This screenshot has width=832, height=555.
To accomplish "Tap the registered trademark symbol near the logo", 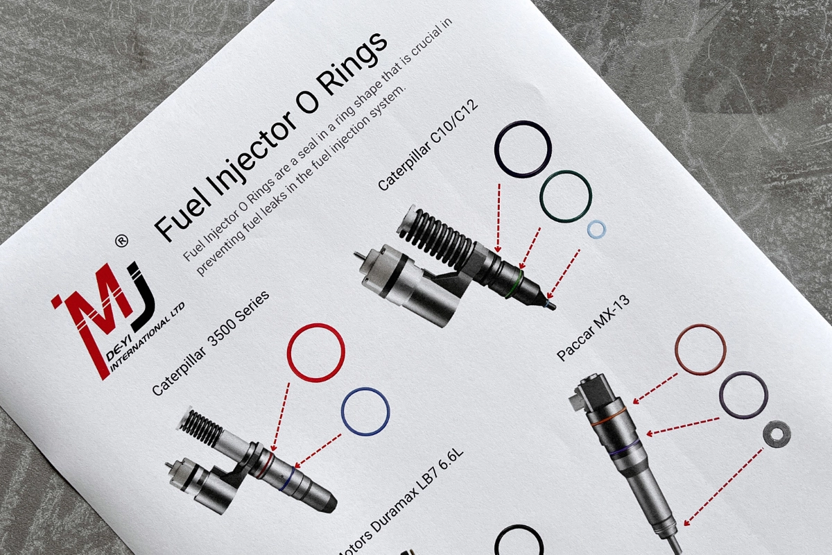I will tap(121, 241).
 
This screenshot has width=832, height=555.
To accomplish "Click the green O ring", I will tap(565, 196).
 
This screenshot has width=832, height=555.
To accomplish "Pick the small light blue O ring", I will tap(596, 230).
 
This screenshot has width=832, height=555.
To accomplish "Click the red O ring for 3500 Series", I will tap(315, 352).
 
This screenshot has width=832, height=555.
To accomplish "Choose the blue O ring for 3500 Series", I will tap(365, 411).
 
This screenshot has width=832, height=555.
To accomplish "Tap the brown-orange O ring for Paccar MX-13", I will tap(700, 349).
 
